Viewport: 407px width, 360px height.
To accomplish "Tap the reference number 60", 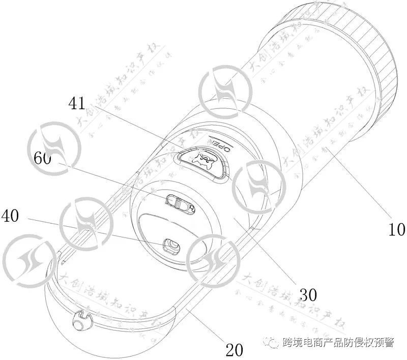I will click(42, 158).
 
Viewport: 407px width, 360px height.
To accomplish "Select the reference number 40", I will click(11, 216).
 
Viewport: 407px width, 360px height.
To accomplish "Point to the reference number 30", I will click(308, 294).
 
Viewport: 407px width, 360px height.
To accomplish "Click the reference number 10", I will click(396, 230).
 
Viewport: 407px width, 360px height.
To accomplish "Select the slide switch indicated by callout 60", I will click(180, 203).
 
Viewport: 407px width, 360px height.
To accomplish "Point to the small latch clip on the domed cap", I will click(80, 320).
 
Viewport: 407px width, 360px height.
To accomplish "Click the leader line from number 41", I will click(132, 129).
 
